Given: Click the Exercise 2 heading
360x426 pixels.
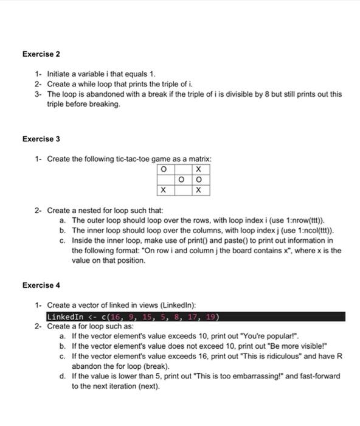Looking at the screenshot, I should [41, 54].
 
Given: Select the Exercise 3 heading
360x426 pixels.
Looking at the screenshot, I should [41, 139].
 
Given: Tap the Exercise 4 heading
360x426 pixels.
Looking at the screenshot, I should [41, 285].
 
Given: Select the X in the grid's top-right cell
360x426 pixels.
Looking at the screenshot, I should [198, 169].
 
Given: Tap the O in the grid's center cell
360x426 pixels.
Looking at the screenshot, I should [181, 180].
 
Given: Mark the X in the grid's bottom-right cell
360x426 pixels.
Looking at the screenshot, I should [198, 190].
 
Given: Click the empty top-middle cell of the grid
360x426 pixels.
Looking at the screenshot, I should [181, 169].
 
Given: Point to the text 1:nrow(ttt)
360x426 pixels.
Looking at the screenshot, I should [302, 220].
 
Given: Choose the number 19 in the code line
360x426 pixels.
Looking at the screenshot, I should [210, 316].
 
